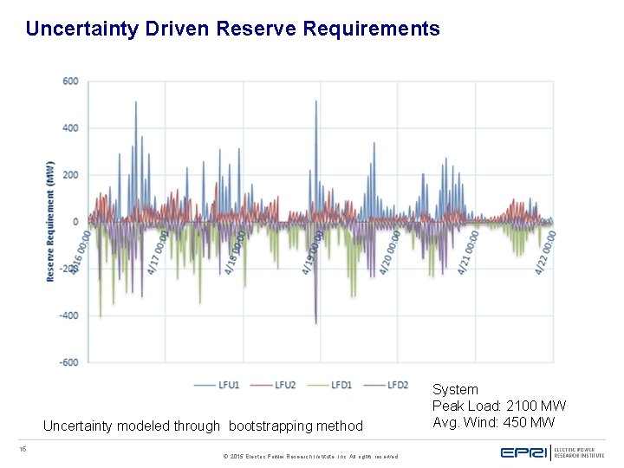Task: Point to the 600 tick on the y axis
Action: pyautogui.click(x=70, y=81)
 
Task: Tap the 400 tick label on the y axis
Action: pyautogui.click(x=70, y=128)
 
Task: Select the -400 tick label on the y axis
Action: pyautogui.click(x=68, y=315)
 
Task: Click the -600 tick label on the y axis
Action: pyautogui.click(x=68, y=362)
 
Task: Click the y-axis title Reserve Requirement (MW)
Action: pyautogui.click(x=50, y=221)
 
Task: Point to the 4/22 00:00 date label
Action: pyautogui.click(x=544, y=252)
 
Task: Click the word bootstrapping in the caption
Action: pyautogui.click(x=269, y=426)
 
